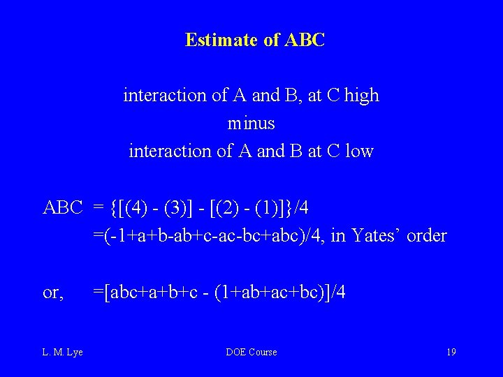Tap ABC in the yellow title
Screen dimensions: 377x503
point(305,40)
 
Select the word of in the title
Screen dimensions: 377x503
point(271,40)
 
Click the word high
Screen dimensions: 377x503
point(361,95)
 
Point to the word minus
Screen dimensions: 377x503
point(251,124)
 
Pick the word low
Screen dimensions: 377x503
point(359,151)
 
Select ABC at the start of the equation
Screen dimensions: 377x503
point(63,207)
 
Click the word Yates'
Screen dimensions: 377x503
point(377,235)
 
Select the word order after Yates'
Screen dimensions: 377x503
point(426,235)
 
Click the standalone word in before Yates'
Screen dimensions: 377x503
point(337,235)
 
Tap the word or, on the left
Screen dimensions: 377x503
point(54,293)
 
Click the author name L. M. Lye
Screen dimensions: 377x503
point(63,352)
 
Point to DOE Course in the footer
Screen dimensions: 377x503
point(251,352)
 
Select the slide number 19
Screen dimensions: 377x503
point(451,352)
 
